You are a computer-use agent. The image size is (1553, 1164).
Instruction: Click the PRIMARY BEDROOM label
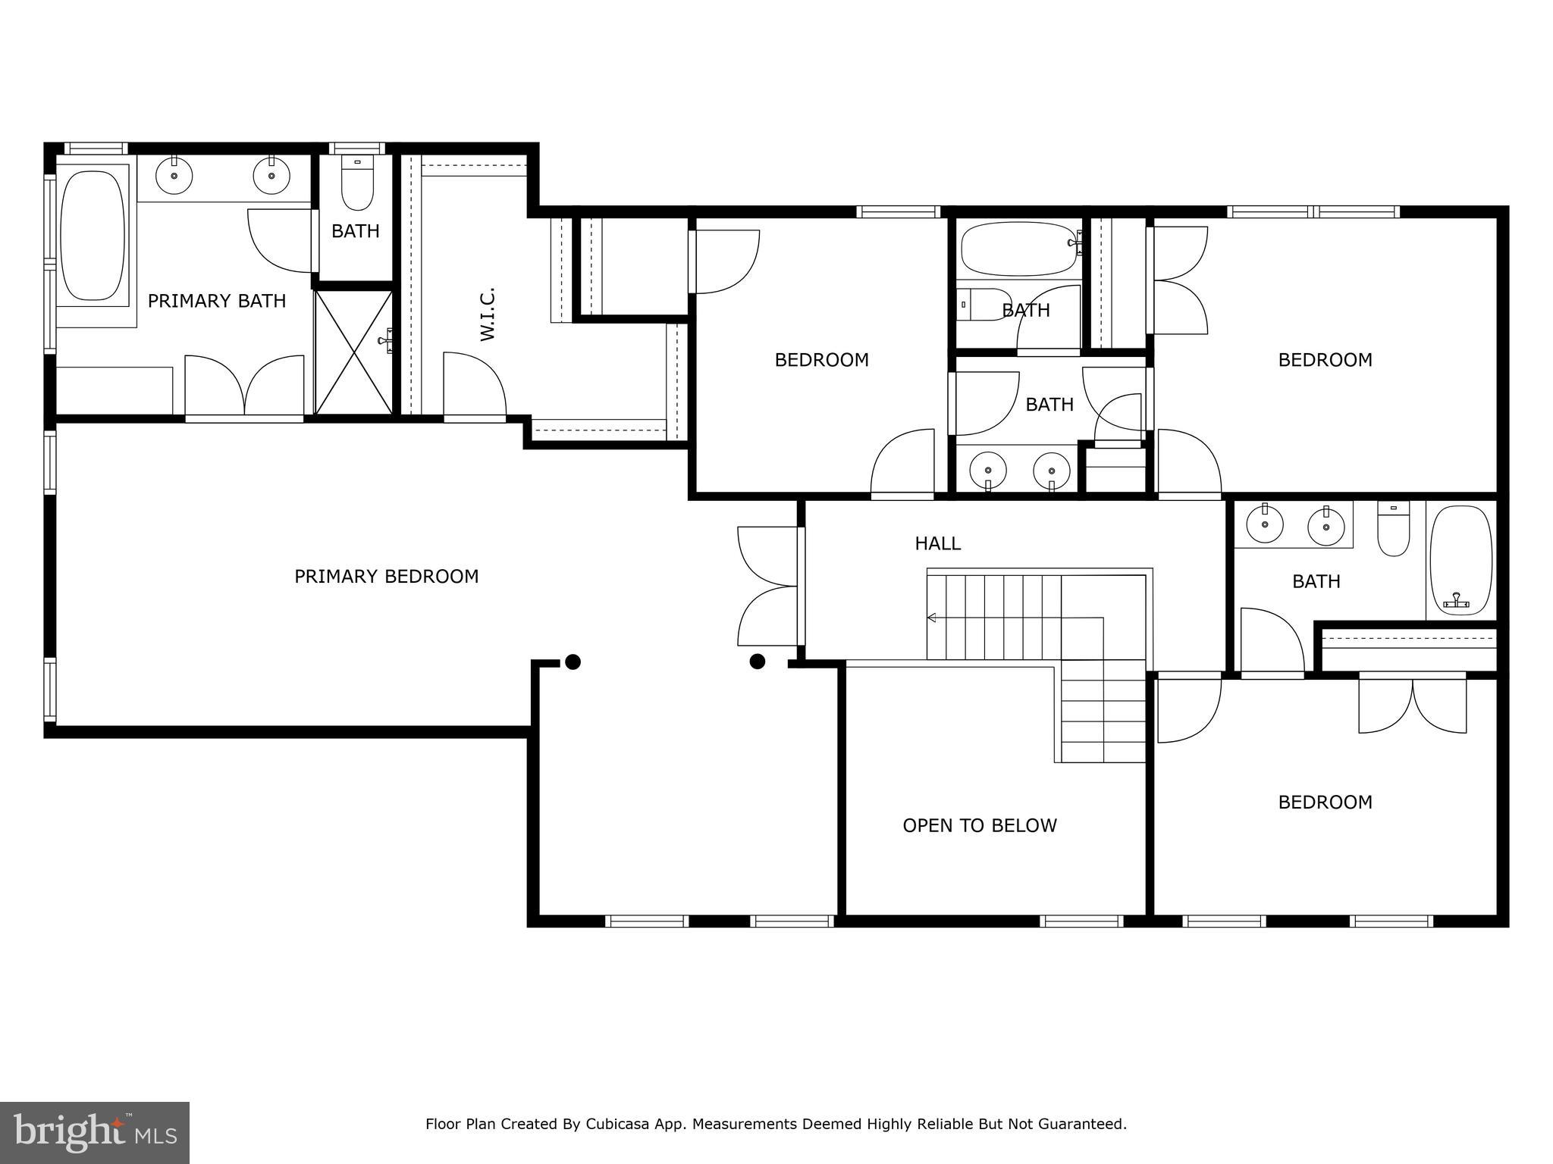386,577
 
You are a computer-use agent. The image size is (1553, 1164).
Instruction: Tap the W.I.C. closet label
488,314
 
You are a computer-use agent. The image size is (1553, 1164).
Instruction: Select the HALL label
937,543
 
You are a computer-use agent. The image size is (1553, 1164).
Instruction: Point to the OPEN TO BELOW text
979,825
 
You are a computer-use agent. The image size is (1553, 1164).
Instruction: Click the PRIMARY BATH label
217,301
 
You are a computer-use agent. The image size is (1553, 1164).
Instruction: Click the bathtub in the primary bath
93,235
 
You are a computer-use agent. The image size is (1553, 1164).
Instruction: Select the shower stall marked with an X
353,352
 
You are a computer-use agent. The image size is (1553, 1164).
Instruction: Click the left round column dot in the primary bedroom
573,662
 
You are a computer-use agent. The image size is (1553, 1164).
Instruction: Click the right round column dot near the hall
757,662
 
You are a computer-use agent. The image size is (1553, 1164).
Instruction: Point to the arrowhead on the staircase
932,618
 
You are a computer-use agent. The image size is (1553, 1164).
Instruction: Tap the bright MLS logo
95,1133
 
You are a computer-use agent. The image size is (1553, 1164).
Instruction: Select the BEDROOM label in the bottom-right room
1325,802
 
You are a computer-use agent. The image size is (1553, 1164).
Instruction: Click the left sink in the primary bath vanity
174,176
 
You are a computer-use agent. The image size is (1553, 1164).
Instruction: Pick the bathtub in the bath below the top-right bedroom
1460,561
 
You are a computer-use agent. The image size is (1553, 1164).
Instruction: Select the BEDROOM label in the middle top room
821,359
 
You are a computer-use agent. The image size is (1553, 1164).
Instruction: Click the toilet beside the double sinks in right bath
1393,530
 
